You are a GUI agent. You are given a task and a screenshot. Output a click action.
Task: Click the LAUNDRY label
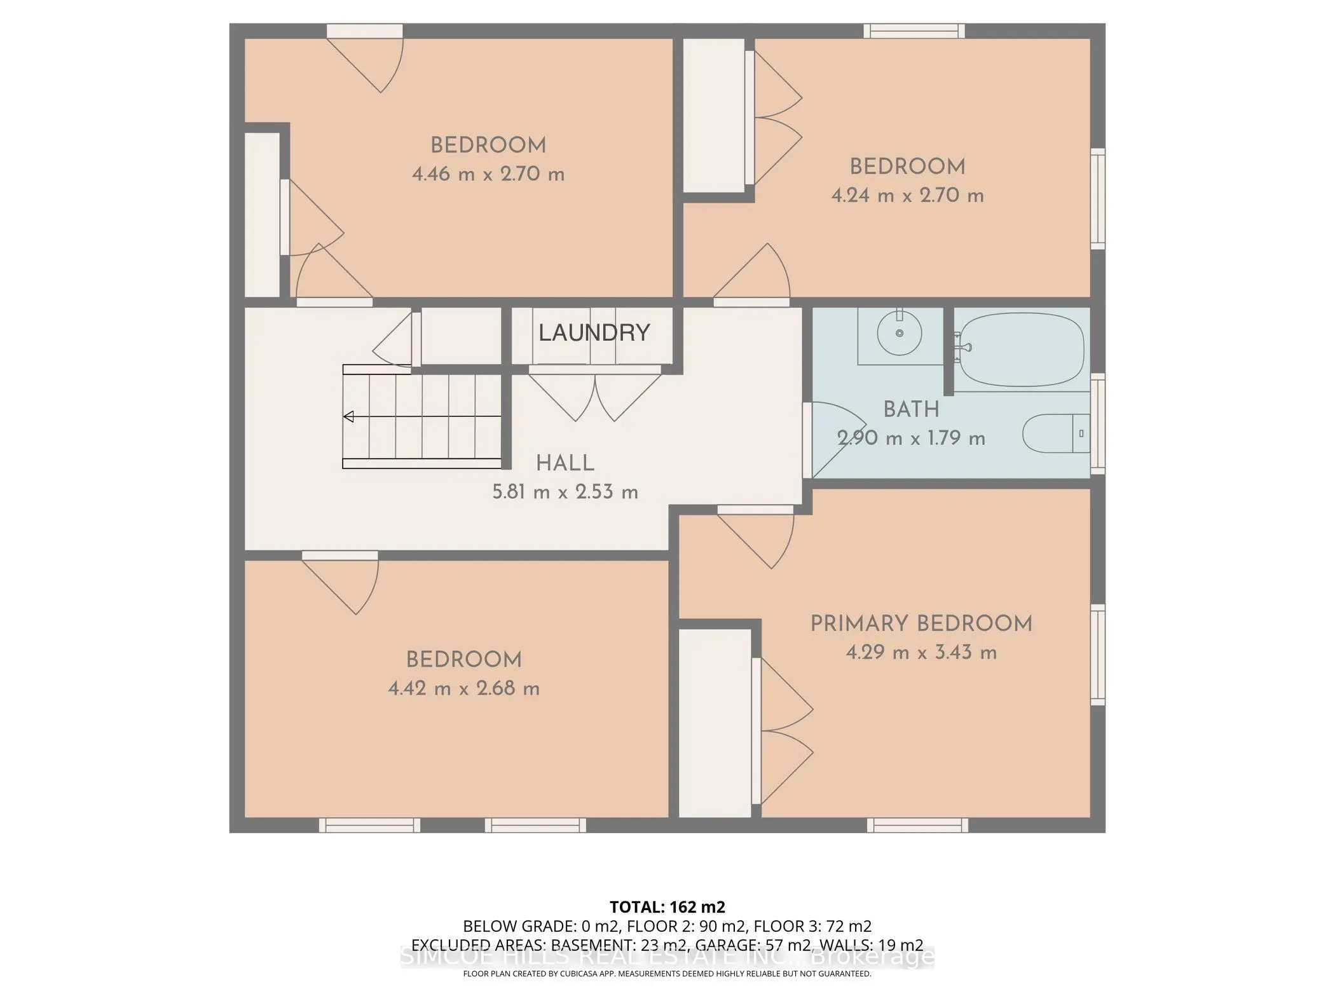[594, 332]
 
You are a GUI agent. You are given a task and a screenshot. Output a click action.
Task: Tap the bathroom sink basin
[900, 333]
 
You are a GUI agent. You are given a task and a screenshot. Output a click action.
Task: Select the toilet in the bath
[1055, 433]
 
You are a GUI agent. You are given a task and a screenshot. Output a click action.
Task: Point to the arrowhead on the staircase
[348, 417]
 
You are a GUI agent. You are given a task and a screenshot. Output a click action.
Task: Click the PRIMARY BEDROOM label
[921, 623]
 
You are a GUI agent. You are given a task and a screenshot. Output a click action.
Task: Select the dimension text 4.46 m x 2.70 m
[488, 174]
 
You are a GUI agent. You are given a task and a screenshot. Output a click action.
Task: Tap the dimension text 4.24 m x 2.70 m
[908, 195]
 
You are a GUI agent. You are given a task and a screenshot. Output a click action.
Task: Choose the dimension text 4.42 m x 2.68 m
[464, 688]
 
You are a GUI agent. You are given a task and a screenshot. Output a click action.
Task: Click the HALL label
[565, 463]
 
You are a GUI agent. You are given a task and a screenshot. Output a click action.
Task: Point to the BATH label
[912, 410]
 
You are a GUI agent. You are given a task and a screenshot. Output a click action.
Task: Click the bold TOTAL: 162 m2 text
[667, 907]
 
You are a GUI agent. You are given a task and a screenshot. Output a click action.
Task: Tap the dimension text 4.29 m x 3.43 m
[921, 653]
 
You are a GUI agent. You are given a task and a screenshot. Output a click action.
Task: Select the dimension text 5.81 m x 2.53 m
[565, 493]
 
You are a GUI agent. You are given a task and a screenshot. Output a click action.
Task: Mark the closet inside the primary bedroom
[715, 723]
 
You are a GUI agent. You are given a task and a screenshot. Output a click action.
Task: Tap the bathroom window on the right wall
[1098, 424]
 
